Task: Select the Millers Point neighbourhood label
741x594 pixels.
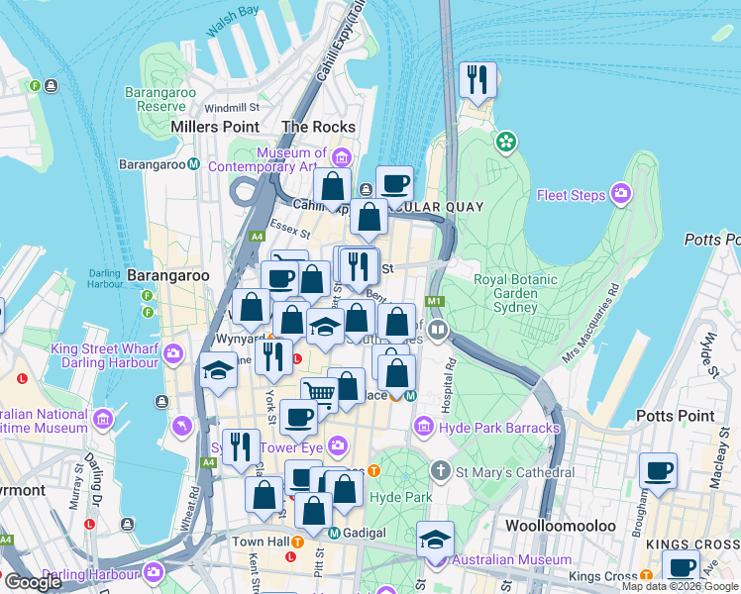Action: point(215,127)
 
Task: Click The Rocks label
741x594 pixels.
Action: point(318,127)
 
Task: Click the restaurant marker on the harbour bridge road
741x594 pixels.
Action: point(477,80)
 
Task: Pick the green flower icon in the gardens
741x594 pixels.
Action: point(507,142)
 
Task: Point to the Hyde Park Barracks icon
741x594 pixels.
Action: point(423,427)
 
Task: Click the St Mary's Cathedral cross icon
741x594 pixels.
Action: point(440,471)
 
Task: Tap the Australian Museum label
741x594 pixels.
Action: point(511,560)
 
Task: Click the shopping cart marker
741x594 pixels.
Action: point(320,393)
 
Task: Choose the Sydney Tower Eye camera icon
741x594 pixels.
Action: point(339,446)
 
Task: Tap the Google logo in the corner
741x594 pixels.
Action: point(33,582)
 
